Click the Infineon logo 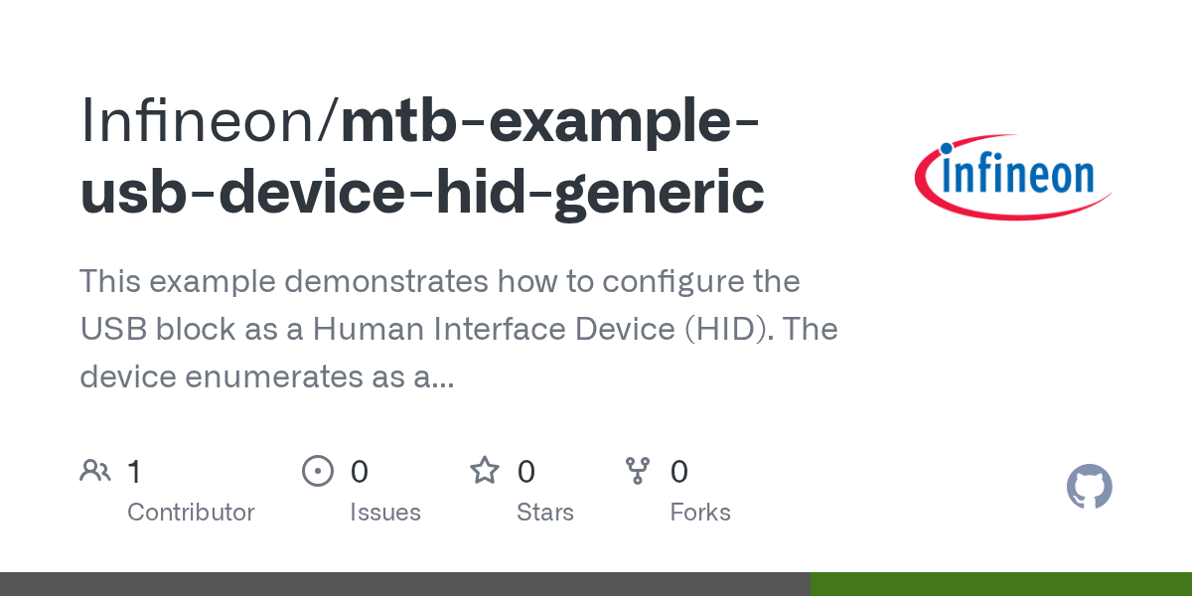pos(1012,176)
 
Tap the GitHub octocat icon pos(1089,487)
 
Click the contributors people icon pos(95,471)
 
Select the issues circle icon pos(318,471)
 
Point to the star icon pos(485,471)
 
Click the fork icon pos(637,471)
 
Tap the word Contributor pos(191,513)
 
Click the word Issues pos(385,513)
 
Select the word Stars pos(545,513)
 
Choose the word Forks pos(700,513)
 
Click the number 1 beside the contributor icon pos(134,471)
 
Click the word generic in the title pos(661,192)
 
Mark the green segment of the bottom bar pos(1000,584)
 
